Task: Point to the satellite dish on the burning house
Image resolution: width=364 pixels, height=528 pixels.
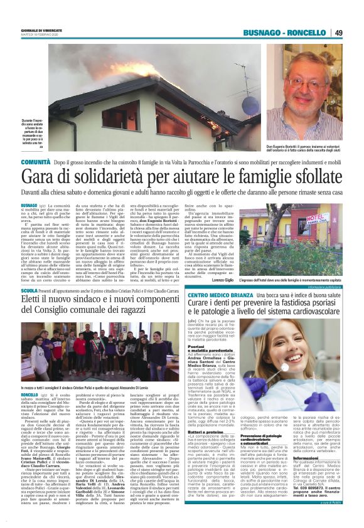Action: [x=249, y=103]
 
